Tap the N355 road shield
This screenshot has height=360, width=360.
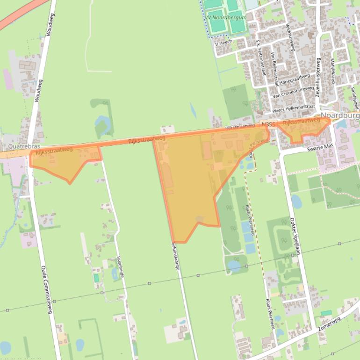click(267, 124)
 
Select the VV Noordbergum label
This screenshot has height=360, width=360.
click(220, 18)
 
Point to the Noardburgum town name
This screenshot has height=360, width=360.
click(340, 115)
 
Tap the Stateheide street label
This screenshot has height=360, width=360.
click(121, 267)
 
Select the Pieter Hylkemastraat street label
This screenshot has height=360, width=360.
click(294, 107)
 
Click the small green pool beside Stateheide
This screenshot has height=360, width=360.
click(96, 278)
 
